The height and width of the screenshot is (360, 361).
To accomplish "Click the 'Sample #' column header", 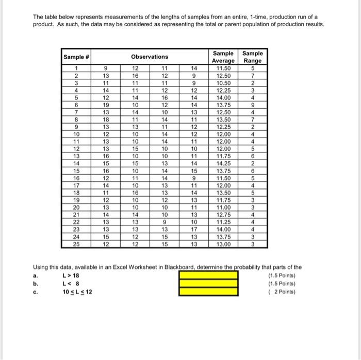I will (76, 57).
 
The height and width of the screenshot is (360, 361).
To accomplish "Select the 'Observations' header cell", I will (150, 57).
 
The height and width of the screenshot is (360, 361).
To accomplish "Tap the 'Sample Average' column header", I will (223, 57).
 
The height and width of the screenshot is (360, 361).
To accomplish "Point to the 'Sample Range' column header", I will (252, 57).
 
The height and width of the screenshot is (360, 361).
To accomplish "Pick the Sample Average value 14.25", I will (223, 161).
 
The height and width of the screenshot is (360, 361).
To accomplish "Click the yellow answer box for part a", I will (208, 275).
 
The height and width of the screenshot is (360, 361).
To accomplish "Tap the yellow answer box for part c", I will (208, 292).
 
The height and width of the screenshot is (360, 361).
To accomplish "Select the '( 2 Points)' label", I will (283, 292).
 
